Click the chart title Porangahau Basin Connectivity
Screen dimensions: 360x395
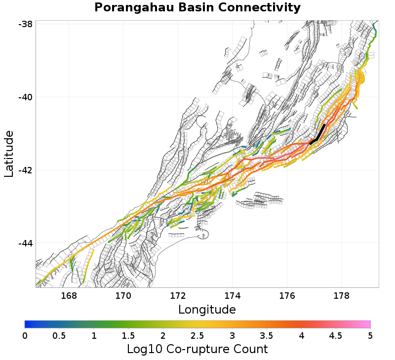pos(197,8)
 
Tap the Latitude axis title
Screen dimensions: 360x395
pos(9,154)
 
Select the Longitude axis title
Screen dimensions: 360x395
pos(207,310)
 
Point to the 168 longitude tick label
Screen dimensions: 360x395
pos(69,296)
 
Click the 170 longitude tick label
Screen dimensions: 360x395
pos(123,296)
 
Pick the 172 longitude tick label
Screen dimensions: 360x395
pos(178,296)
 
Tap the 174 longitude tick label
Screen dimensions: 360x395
pos(233,296)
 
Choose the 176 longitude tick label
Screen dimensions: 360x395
pos(287,296)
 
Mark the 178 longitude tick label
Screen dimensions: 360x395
pos(342,296)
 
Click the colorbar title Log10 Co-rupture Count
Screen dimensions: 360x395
pos(197,350)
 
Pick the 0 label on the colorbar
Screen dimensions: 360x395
pos(25,336)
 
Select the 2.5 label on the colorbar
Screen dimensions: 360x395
pos(197,336)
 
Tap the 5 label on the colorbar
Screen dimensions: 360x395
pos(370,336)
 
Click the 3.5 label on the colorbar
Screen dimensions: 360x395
pos(267,336)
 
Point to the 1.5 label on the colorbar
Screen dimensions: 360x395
pos(128,336)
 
